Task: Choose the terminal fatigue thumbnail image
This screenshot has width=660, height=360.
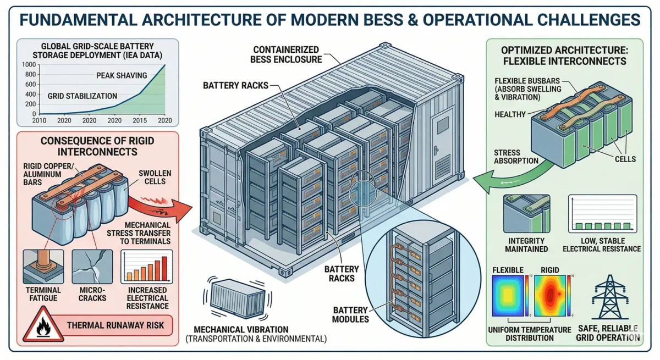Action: [43, 267]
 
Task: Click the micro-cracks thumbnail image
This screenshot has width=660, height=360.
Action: [92, 267]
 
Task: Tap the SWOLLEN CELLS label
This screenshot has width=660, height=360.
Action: [154, 178]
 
